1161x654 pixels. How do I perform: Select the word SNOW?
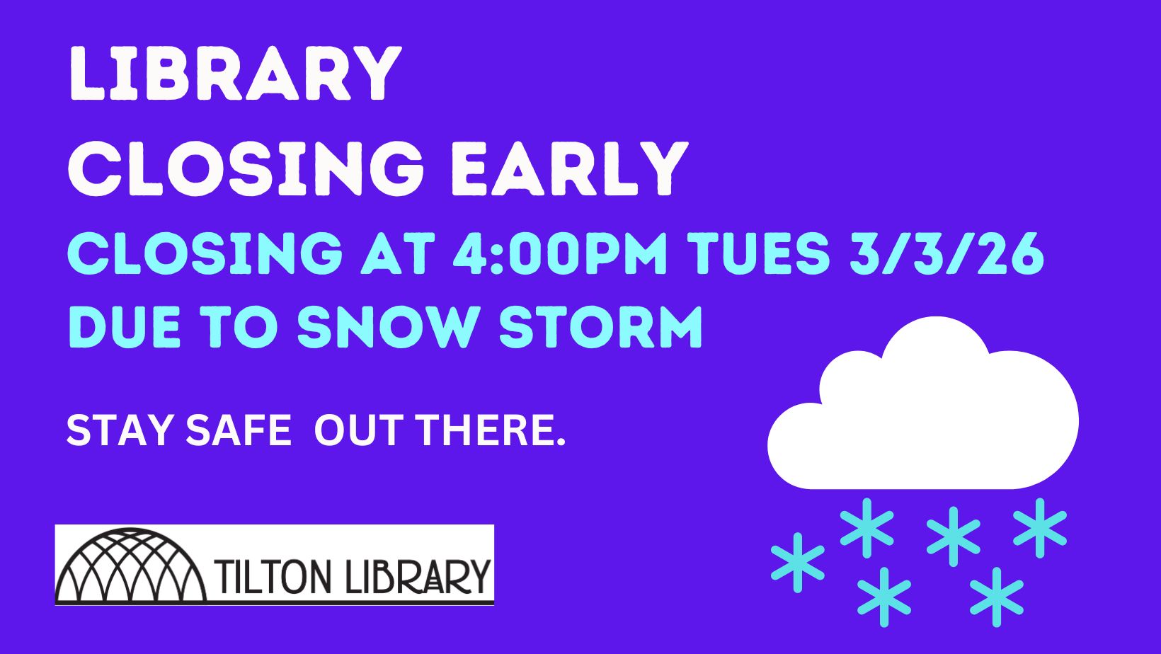387,328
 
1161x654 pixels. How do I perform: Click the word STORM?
601,328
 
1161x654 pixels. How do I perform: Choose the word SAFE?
239,430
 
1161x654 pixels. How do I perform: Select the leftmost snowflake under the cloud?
798,563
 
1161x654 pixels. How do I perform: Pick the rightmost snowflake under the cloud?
1040,528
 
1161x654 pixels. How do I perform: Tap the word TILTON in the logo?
274,577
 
